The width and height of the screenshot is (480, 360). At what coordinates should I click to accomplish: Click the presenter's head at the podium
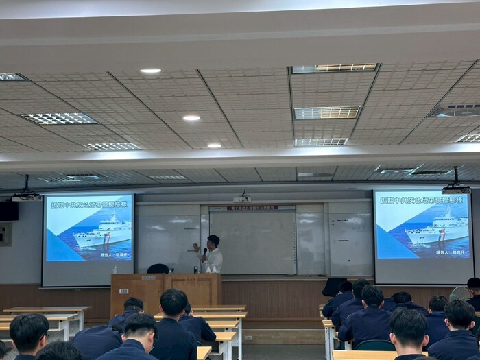pyautogui.click(x=213, y=241)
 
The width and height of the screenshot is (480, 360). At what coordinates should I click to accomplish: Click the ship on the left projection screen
pyautogui.click(x=103, y=231)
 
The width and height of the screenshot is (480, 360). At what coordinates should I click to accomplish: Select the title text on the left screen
pyautogui.click(x=89, y=204)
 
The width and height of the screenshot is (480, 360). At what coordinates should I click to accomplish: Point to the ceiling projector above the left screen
pyautogui.click(x=26, y=195)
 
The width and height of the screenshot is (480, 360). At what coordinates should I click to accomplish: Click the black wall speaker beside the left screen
pyautogui.click(x=9, y=211)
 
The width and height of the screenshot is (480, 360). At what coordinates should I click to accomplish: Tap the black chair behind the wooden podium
pyautogui.click(x=158, y=269)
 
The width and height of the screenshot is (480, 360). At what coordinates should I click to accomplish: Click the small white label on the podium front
pyautogui.click(x=147, y=277)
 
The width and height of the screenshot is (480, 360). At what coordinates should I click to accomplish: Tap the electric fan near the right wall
pyautogui.click(x=459, y=293)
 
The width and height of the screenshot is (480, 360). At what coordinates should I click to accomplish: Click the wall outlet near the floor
pyautogui.click(x=248, y=337)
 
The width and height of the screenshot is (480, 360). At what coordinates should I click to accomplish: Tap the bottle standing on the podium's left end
pyautogui.click(x=115, y=269)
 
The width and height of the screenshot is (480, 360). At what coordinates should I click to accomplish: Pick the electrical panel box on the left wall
pyautogui.click(x=5, y=234)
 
